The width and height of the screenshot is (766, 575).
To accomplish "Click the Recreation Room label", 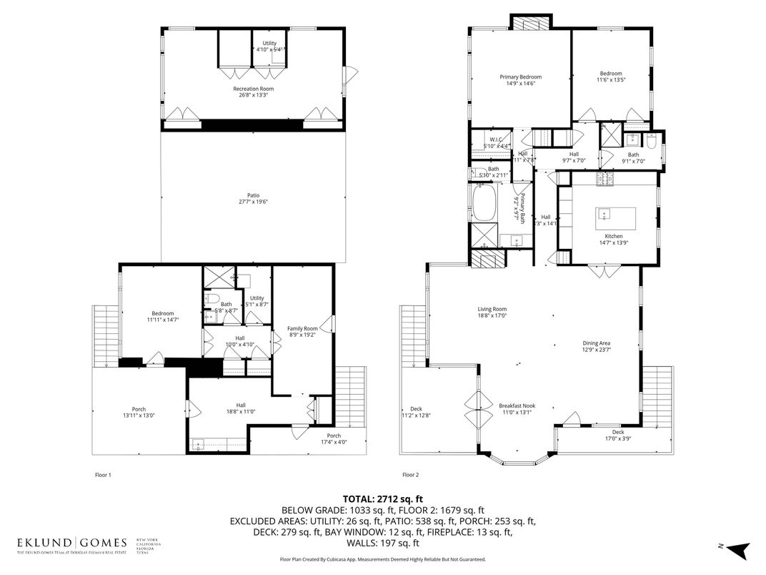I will [253, 89].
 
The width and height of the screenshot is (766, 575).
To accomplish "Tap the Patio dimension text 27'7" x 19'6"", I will [253, 202].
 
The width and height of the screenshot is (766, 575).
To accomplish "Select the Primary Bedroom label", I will [520, 77].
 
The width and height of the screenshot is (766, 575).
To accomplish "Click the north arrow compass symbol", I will [739, 549].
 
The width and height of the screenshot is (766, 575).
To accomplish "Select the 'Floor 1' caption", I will [103, 474].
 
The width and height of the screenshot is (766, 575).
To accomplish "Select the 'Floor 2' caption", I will [410, 474].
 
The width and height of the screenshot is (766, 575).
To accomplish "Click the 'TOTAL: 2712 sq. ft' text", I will [383, 498].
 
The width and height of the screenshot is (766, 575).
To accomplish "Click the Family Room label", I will [302, 328].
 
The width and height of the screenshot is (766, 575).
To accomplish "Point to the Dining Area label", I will [596, 343].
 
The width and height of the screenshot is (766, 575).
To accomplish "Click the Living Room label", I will [492, 309].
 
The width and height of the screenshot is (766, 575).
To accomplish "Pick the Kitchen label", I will [613, 236].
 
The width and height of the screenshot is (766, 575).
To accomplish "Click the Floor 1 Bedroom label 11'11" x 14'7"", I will [163, 313].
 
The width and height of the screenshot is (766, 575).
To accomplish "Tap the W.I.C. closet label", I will [496, 139].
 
